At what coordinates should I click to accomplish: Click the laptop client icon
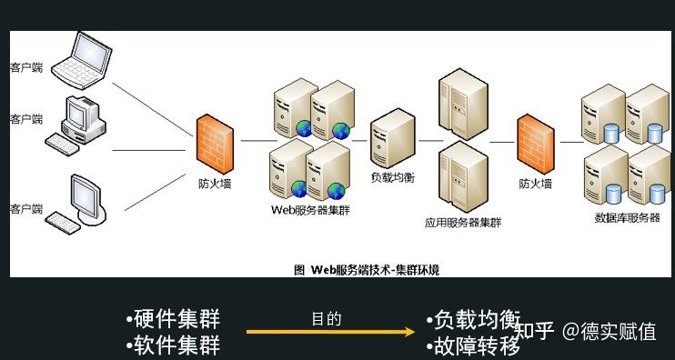(x=80, y=56)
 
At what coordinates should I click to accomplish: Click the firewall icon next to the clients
(x=216, y=142)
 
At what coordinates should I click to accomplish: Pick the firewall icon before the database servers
(x=536, y=144)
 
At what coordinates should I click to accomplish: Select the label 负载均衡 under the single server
(x=393, y=177)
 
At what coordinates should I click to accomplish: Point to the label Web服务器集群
(x=310, y=209)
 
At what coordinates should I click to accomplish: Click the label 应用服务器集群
(x=463, y=222)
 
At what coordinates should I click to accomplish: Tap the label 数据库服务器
(x=628, y=218)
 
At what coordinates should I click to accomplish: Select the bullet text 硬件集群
(x=173, y=320)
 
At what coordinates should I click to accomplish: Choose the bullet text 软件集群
(x=173, y=345)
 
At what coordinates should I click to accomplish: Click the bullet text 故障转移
(x=473, y=346)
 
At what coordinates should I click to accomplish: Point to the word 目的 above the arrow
(x=326, y=319)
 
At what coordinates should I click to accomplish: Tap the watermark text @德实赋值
(x=609, y=332)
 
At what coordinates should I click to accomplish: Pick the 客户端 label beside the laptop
(x=26, y=66)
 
